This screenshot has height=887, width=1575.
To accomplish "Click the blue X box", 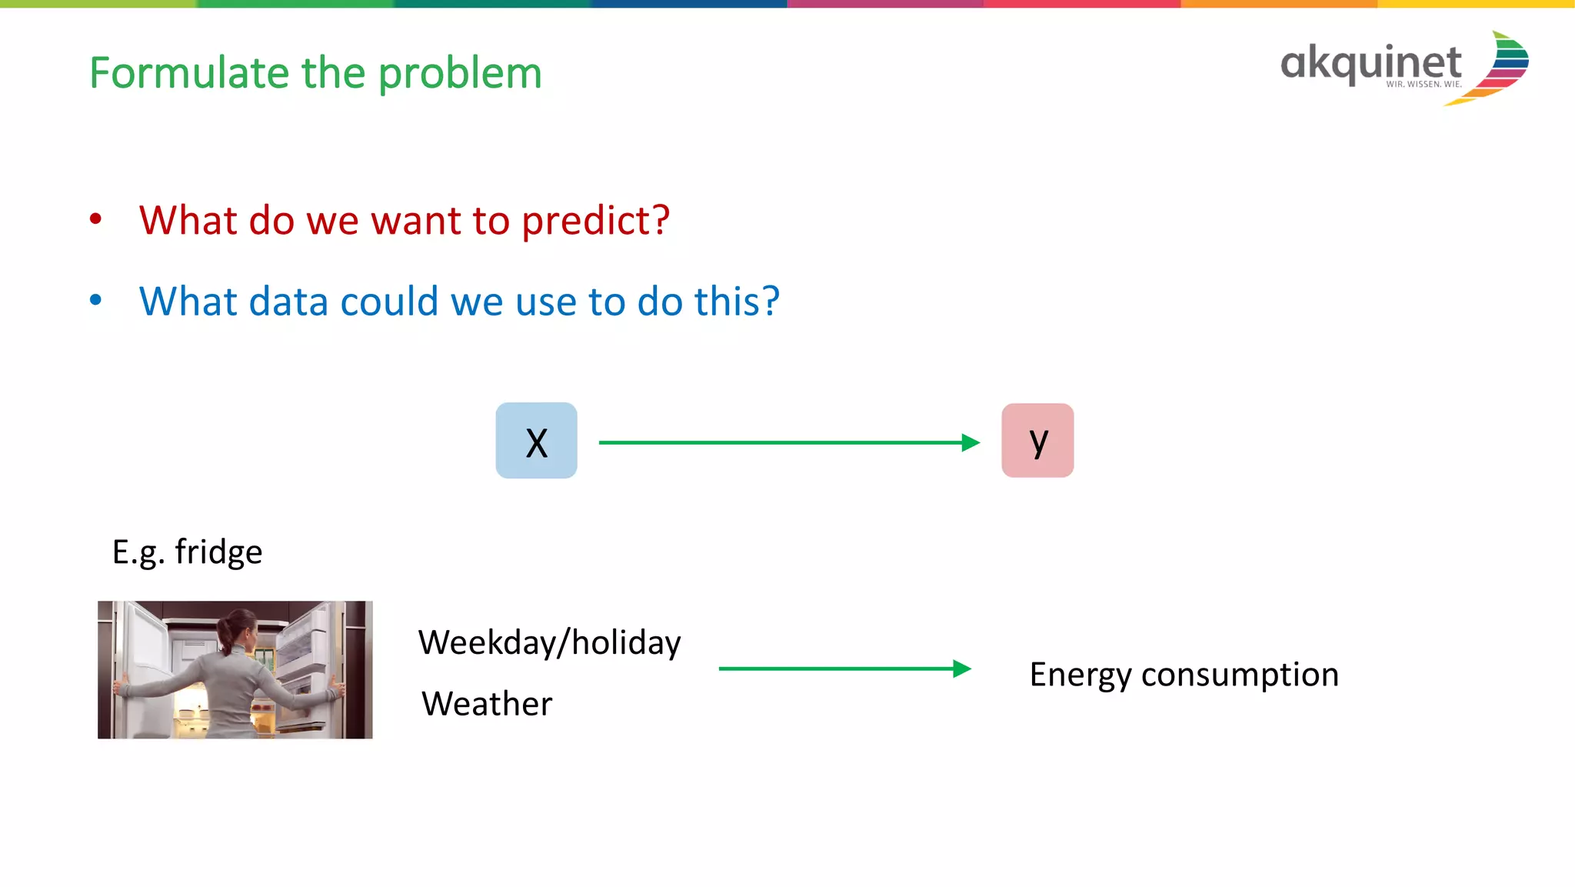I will tap(536, 441).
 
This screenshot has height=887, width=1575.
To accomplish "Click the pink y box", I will tap(1037, 441).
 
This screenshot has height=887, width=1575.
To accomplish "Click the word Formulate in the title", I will tap(188, 73).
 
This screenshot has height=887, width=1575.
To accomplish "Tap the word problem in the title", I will tap(460, 75).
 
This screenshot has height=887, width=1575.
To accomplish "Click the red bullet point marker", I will tap(95, 219).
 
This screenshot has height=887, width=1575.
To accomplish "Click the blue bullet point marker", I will tap(95, 300).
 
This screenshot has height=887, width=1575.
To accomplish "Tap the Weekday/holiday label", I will tap(549, 642).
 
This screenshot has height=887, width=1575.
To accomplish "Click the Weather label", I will tap(487, 703).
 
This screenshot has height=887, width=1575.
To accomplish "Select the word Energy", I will tap(1080, 675).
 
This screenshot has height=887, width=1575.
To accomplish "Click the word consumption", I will tap(1240, 675).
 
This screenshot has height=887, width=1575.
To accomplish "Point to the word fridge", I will tap(218, 552).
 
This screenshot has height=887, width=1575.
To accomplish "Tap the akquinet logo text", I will tap(1370, 63).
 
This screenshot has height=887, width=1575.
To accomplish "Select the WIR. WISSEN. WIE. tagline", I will tap(1423, 85).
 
